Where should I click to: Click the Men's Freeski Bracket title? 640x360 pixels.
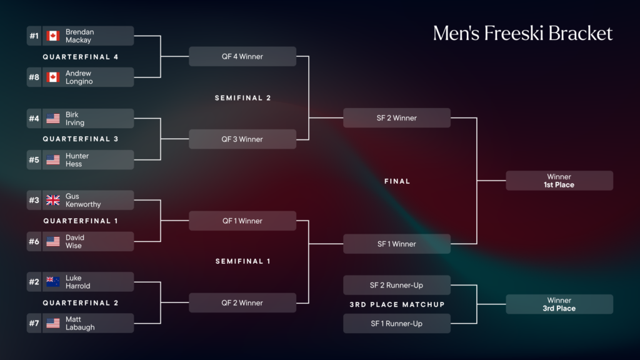tap(522, 34)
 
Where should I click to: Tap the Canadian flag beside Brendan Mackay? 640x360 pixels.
tap(53, 36)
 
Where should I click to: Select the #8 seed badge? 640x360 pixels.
tap(34, 77)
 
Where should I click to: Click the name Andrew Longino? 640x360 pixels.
tap(79, 77)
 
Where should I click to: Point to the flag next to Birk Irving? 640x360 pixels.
tap(53, 119)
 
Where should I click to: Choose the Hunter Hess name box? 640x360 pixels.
tap(87, 160)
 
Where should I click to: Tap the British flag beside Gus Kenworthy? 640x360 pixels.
tap(53, 201)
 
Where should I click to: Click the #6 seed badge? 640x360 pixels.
tap(34, 242)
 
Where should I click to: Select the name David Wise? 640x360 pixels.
tap(74, 242)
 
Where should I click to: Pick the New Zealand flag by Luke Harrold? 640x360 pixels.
tap(53, 282)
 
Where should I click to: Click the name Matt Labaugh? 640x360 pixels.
tap(80, 323)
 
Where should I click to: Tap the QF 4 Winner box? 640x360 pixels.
tap(242, 56)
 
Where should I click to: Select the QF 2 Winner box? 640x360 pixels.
tap(242, 303)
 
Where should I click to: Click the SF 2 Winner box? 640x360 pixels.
tap(397, 118)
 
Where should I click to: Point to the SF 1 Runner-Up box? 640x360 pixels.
tap(397, 324)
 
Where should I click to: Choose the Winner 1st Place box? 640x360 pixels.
tap(559, 181)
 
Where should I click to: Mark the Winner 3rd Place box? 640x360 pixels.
tap(559, 304)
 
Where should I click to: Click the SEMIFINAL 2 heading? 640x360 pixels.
tap(243, 98)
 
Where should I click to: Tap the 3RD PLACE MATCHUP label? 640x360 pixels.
tap(397, 305)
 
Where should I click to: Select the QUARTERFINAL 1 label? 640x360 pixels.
tap(81, 221)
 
